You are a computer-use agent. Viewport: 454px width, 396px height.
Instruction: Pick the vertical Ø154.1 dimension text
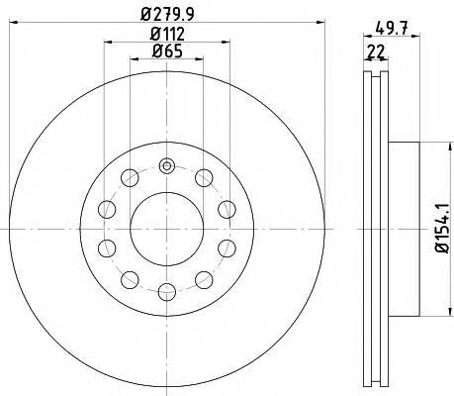[x=442, y=230]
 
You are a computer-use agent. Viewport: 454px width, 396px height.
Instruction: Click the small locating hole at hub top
[x=167, y=165]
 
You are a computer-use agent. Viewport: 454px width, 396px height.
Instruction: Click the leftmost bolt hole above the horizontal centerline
[x=108, y=209]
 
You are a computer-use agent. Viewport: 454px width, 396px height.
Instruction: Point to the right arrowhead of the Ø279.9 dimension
[x=324, y=23]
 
